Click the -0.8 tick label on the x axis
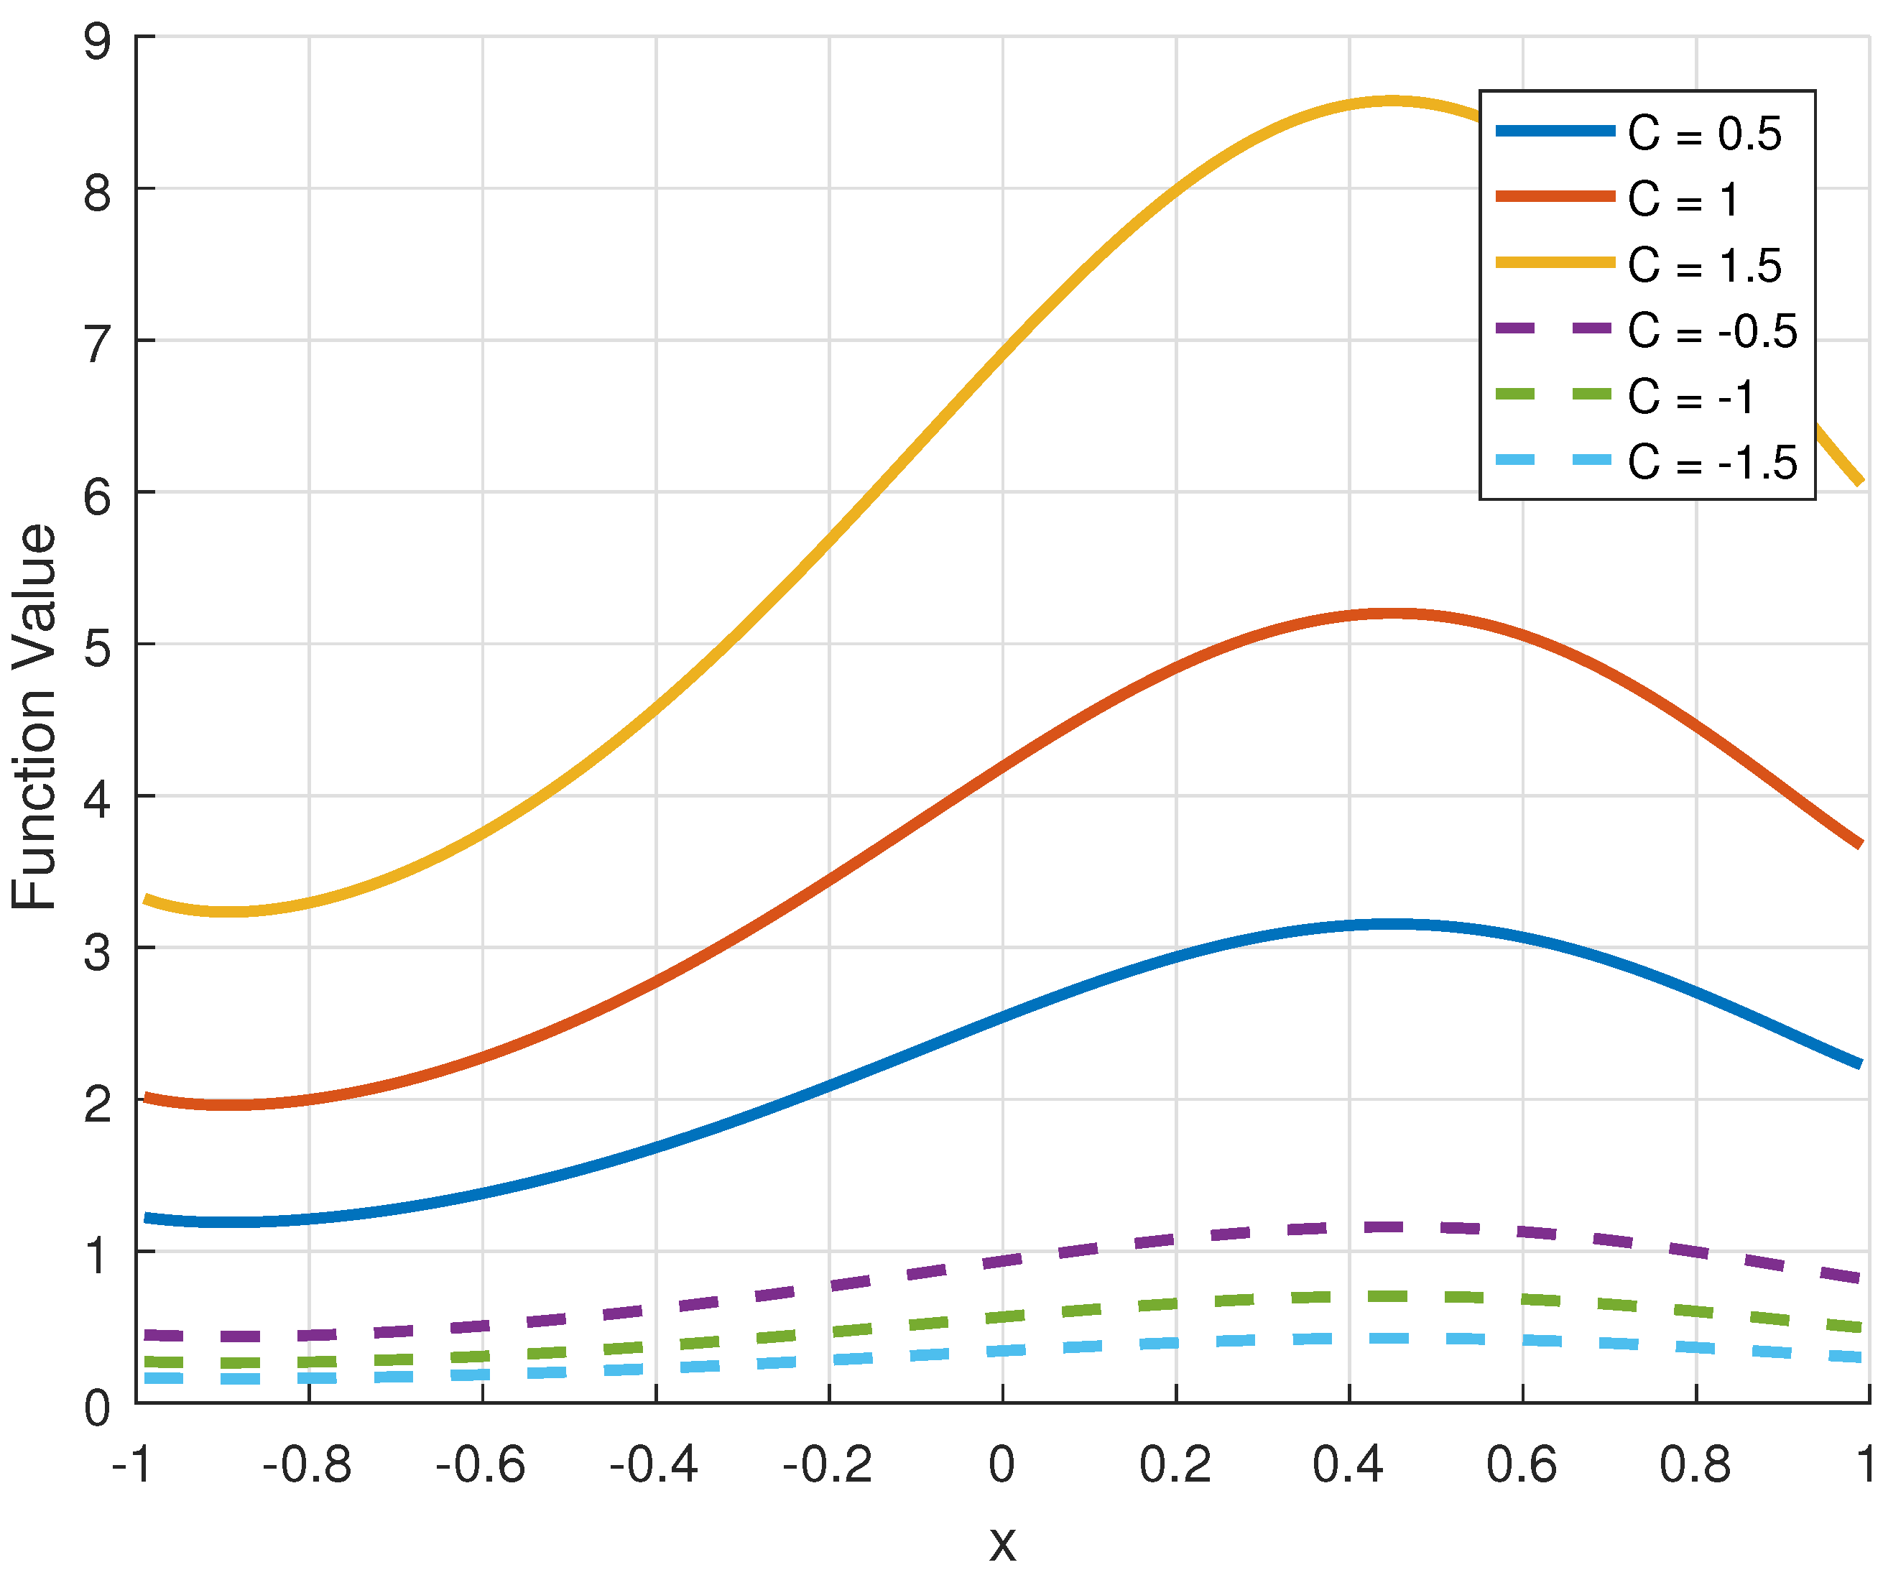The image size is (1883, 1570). (307, 1465)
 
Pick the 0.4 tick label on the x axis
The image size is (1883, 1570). (1348, 1465)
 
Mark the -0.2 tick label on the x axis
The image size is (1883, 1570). (827, 1465)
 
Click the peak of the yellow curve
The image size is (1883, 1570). (1390, 101)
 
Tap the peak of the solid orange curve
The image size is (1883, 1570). (1392, 614)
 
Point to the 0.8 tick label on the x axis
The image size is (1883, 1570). (1695, 1465)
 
